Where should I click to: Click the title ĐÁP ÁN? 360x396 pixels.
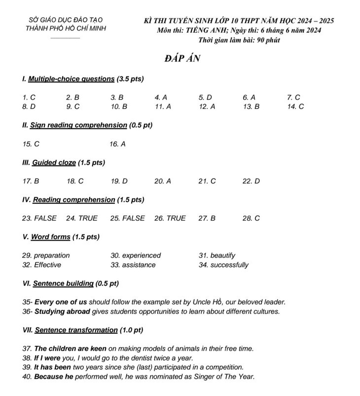tap(182, 59)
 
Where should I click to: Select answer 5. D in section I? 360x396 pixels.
tap(205, 98)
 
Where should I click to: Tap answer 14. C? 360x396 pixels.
tap(295, 106)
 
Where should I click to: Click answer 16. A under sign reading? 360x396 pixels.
tap(117, 144)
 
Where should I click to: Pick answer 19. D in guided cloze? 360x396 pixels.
tap(119, 181)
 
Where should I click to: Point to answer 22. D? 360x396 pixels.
tap(251, 181)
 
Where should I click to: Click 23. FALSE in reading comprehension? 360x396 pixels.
tap(39, 218)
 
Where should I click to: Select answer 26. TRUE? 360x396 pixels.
tap(170, 218)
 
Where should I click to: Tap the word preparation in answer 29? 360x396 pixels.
tap(52, 255)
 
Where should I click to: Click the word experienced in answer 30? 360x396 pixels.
tap(142, 255)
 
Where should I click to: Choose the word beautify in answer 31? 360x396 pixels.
tap(223, 255)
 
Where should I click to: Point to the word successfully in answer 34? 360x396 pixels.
tap(229, 265)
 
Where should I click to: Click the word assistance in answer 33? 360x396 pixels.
tap(139, 265)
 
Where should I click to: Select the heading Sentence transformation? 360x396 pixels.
tap(76, 330)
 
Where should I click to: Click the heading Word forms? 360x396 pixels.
tap(50, 237)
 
